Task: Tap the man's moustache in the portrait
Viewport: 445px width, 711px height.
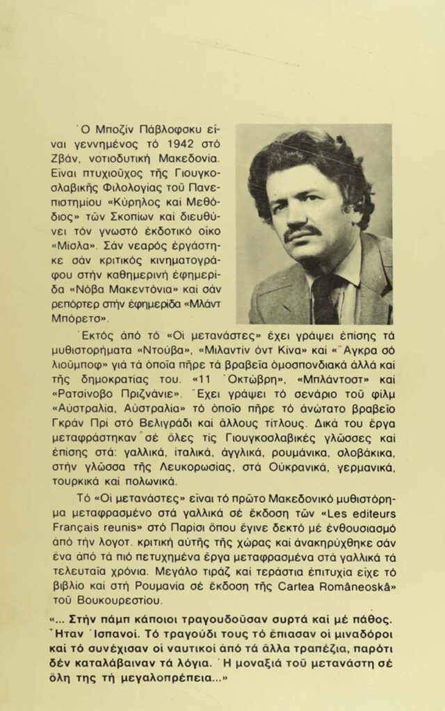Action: [x=303, y=231]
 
